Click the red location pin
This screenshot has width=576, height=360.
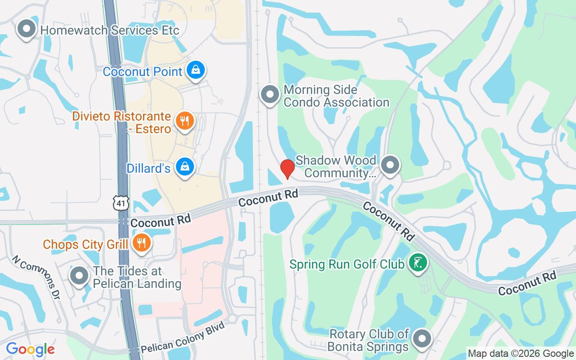click(287, 169)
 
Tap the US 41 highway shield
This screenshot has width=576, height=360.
click(121, 203)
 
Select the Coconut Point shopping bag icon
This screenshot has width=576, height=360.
click(196, 70)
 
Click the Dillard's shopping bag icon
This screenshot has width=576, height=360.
click(184, 167)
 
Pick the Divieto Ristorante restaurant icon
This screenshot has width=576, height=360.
click(184, 121)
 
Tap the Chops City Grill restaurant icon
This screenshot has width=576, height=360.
click(142, 243)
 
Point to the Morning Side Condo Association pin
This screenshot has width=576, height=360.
click(270, 94)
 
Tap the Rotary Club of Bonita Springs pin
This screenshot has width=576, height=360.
click(422, 339)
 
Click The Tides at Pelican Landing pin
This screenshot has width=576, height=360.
click(80, 276)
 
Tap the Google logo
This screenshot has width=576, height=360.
click(30, 349)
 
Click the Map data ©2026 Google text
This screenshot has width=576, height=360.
click(521, 353)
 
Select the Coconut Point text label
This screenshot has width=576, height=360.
click(143, 72)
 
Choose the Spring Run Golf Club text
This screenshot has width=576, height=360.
click(347, 264)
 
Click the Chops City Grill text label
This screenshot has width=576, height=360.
click(85, 244)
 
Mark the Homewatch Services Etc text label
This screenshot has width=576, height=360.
click(110, 30)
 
